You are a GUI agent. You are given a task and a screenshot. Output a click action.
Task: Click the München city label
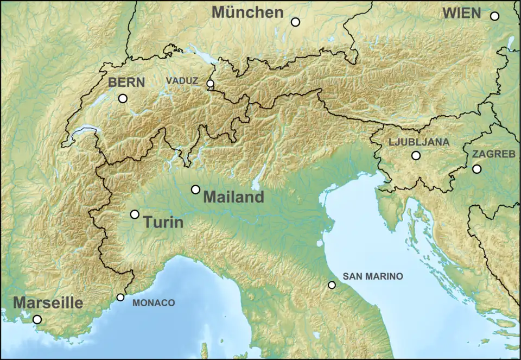[247, 12]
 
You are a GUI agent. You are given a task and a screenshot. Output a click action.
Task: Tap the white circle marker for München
[295, 22]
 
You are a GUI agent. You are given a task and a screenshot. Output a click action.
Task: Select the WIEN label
[462, 13]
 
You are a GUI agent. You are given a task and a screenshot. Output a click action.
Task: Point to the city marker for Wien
[494, 16]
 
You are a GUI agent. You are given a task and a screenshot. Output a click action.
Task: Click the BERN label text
[126, 83]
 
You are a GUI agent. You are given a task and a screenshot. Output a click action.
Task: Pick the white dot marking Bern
[123, 98]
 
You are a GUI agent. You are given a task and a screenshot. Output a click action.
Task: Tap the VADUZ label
[182, 80]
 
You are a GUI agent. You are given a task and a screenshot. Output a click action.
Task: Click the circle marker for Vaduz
[211, 83]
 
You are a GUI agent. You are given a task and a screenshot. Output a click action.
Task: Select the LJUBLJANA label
[418, 142]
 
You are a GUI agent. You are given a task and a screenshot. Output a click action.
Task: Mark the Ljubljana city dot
[416, 155]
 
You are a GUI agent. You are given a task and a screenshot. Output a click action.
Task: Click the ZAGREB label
[493, 154]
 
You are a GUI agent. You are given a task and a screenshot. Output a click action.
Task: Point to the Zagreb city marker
[476, 169]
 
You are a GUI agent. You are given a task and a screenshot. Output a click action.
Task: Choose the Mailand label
[233, 197]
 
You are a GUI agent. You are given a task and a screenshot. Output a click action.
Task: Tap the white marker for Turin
[135, 214]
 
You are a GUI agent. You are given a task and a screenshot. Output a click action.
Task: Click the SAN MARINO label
[372, 276]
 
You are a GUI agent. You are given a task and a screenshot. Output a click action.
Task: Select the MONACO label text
[154, 303]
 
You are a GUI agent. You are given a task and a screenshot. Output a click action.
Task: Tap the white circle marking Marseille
[37, 319]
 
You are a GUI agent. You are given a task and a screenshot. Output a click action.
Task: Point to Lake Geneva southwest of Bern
[81, 132]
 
